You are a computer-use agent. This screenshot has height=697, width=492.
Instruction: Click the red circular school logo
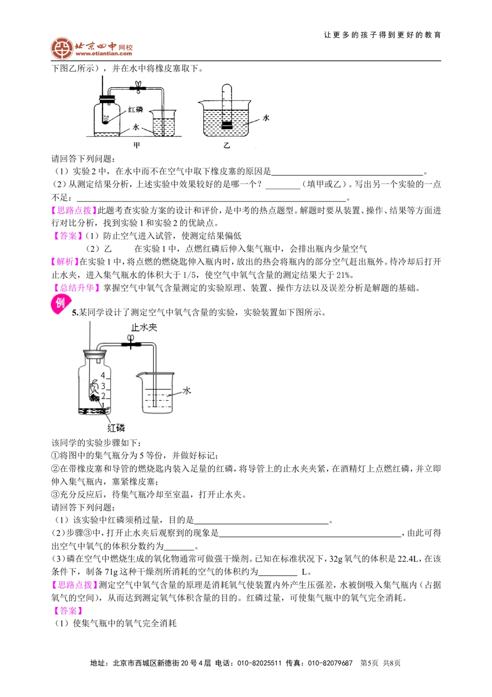pyautogui.click(x=62, y=48)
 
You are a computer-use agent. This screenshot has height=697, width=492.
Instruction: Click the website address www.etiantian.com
pyautogui.click(x=104, y=54)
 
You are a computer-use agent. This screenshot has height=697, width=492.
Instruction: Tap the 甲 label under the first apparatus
pyautogui.click(x=137, y=145)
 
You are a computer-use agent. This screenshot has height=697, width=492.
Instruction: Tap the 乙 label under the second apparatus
pyautogui.click(x=226, y=145)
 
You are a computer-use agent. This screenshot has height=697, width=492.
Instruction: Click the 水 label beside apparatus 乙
pyautogui.click(x=266, y=118)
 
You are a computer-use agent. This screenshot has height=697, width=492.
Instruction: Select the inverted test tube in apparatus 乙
pyautogui.click(x=226, y=106)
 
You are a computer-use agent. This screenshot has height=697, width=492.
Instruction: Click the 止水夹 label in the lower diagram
pyautogui.click(x=144, y=328)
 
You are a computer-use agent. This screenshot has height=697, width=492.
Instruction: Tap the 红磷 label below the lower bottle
pyautogui.click(x=116, y=428)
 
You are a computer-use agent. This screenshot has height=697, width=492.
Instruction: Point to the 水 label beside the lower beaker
pyautogui.click(x=186, y=391)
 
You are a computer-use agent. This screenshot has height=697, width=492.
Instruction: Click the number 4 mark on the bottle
pyautogui.click(x=103, y=375)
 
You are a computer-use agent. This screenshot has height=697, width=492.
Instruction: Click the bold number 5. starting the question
pyautogui.click(x=75, y=312)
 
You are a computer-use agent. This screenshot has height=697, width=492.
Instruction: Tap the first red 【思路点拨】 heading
pyautogui.click(x=74, y=210)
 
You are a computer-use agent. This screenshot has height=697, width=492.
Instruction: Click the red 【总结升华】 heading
pyautogui.click(x=76, y=288)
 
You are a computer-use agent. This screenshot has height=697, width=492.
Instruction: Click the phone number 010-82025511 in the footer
pyautogui.click(x=259, y=663)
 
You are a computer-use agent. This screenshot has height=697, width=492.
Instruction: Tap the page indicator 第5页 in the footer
pyautogui.click(x=369, y=663)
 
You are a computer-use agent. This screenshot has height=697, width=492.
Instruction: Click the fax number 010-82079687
pyautogui.click(x=330, y=663)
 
